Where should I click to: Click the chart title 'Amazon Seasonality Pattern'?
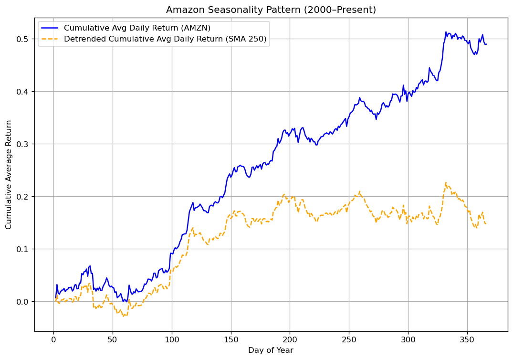(271, 10)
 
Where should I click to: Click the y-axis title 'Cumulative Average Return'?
(9, 174)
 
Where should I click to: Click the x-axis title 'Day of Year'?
(271, 350)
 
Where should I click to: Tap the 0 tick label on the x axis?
(53, 339)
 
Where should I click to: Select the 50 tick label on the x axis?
(113, 339)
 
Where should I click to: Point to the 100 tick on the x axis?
(172, 339)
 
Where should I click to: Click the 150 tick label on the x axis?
(231, 339)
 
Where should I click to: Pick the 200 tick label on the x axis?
(290, 339)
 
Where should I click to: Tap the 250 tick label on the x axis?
(349, 339)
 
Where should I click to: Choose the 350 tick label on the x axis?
(467, 339)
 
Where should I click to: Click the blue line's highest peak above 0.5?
(446, 32)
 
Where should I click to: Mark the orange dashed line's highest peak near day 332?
(446, 182)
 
